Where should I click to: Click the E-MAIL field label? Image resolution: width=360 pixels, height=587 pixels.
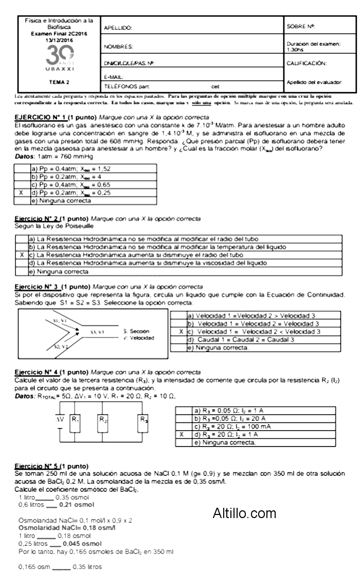113,77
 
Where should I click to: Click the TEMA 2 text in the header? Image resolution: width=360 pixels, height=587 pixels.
60,81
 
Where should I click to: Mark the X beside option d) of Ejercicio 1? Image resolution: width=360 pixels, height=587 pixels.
21,193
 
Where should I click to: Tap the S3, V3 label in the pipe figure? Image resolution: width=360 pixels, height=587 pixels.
97,332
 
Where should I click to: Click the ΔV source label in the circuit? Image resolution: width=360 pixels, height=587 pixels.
59,419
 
